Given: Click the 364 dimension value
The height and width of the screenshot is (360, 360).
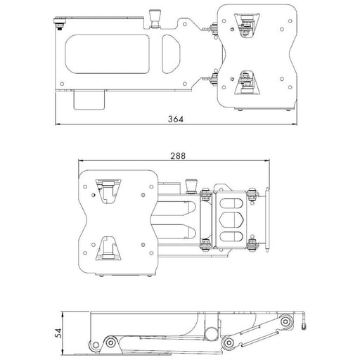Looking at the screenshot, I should click(x=176, y=119).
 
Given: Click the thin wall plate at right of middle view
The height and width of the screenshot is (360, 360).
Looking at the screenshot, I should click(x=268, y=217).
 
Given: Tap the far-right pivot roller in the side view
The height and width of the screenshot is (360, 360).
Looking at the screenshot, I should click(x=284, y=323).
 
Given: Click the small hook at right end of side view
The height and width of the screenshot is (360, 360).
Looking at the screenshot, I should click(x=304, y=326).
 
